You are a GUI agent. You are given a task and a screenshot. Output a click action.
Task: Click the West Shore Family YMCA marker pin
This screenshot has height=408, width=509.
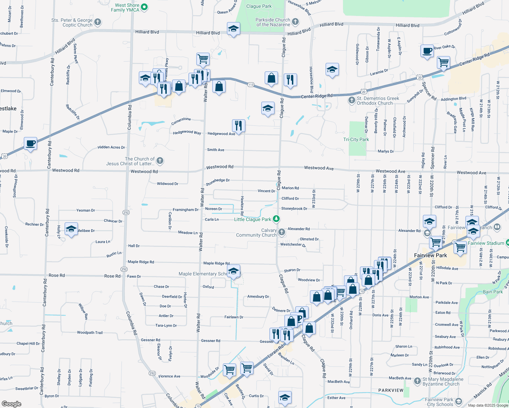coord(144,7)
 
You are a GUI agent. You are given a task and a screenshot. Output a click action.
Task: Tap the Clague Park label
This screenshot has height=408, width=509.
coord(259,6)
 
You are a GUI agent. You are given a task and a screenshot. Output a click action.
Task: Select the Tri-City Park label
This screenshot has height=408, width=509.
coord(356,139)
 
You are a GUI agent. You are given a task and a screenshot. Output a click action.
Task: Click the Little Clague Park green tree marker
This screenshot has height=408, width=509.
coord(276,219)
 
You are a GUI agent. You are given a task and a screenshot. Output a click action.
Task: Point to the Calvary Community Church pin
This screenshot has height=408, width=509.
coord(281,232)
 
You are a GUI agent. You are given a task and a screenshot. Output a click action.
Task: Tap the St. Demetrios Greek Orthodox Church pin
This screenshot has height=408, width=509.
coord(352,100)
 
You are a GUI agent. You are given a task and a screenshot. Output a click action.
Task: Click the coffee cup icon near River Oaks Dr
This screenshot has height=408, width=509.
coord(427,51)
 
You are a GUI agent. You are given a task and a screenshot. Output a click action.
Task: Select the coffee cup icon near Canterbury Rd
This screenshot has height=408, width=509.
coord(30,144)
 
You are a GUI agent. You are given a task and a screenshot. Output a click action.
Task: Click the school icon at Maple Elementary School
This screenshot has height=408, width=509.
coord(233,271)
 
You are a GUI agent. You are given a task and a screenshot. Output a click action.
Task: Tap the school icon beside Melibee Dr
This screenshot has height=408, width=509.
coord(71,229)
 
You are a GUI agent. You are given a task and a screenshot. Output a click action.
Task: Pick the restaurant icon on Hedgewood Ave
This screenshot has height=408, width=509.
coord(239,126)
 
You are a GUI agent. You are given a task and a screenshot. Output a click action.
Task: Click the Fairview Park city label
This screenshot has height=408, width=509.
coord(430,255)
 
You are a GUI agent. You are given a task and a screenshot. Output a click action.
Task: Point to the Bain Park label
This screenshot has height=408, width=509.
coord(493,292)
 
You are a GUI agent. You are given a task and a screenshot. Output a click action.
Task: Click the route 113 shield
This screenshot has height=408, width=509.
coord(251,85)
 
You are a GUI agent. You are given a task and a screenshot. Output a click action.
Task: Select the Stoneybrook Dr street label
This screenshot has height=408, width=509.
coord(294,208)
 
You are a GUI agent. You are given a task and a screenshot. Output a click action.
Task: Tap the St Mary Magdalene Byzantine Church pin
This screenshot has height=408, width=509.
coord(417,381)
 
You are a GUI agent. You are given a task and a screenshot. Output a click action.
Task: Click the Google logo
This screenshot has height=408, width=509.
coord(12,404)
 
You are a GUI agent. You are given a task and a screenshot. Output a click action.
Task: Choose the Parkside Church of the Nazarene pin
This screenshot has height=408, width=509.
coord(295,22)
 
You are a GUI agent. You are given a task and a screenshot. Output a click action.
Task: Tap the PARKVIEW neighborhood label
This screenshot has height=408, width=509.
coord(391,390)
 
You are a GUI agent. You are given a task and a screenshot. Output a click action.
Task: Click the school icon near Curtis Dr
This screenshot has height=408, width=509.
coord(285,398)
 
